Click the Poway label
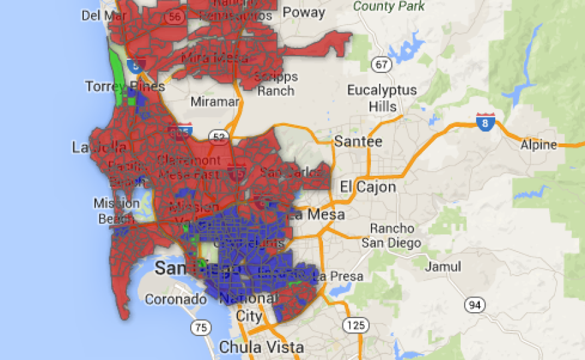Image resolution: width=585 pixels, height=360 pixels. pos(304,13)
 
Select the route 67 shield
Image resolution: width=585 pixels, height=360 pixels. pos(381,64)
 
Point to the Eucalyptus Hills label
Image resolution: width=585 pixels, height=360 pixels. pos(382,98)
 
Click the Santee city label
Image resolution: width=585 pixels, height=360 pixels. pos(358,141)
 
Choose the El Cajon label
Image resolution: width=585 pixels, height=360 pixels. pos(367,187)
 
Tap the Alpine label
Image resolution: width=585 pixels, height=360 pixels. pos(539,145)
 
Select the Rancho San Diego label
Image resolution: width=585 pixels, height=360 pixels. pos(392,236)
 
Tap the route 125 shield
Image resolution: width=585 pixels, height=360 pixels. pos(352,325)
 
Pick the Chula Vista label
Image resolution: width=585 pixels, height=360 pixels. pos(261,347)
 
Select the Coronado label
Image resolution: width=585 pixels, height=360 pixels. pos(175,300)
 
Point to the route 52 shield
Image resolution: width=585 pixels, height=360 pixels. pos(217,137)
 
